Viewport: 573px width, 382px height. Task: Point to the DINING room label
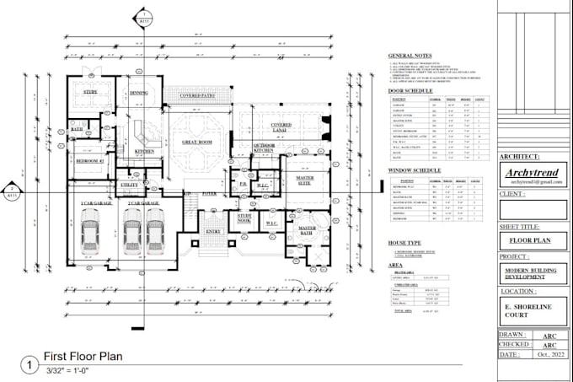(139, 93)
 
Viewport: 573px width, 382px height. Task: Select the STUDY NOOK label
(244, 218)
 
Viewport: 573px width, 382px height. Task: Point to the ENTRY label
(213, 230)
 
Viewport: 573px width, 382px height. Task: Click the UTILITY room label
(129, 185)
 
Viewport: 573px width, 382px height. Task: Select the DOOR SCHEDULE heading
(410, 90)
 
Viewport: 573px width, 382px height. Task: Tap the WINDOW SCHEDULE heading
(414, 170)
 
